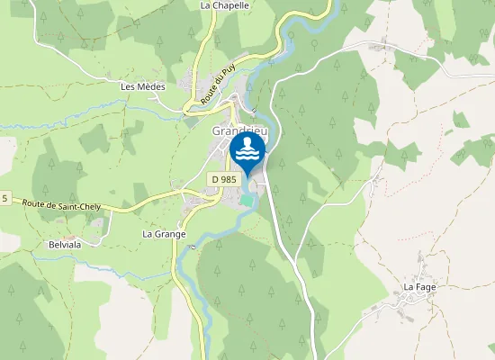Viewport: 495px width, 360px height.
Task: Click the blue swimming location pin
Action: (x=247, y=153)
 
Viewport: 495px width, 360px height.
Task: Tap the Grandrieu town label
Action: (x=238, y=130)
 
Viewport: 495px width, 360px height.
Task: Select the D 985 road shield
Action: (x=225, y=180)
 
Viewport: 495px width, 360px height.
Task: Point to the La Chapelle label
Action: (x=224, y=5)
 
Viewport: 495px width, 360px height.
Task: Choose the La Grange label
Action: (x=164, y=234)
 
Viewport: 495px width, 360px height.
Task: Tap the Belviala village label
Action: (x=66, y=244)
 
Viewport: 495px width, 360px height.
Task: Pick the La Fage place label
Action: (x=418, y=288)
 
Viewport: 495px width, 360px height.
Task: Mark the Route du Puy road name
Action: (x=203, y=84)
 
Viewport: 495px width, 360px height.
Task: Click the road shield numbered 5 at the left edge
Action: (x=4, y=198)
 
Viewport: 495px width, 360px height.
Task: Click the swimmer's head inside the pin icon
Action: (x=247, y=141)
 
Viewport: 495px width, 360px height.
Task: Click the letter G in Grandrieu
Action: (x=216, y=130)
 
